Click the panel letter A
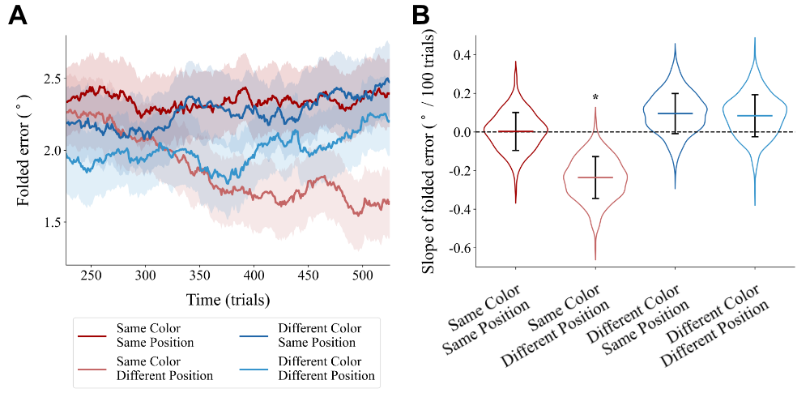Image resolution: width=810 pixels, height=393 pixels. click(x=18, y=15)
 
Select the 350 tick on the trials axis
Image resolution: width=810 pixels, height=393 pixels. click(x=199, y=275)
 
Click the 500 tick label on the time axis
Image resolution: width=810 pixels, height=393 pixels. click(x=362, y=275)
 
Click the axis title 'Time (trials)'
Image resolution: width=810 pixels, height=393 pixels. click(x=228, y=299)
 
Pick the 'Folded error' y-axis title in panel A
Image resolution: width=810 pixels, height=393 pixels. click(x=23, y=150)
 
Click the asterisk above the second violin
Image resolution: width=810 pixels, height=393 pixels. click(x=595, y=99)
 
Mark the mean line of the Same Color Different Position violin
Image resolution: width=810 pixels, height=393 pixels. click(x=595, y=177)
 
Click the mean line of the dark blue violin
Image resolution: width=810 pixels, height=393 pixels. click(x=675, y=113)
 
